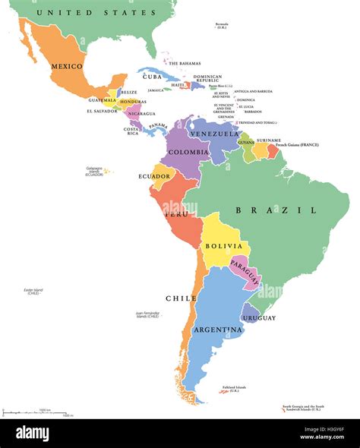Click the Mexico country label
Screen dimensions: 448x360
(67, 66)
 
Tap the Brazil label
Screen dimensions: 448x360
(276, 210)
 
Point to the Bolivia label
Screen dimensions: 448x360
(223, 246)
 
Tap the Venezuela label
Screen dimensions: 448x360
(210, 134)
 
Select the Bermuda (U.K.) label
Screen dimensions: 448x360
(221, 25)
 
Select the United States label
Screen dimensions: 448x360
(90, 13)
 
